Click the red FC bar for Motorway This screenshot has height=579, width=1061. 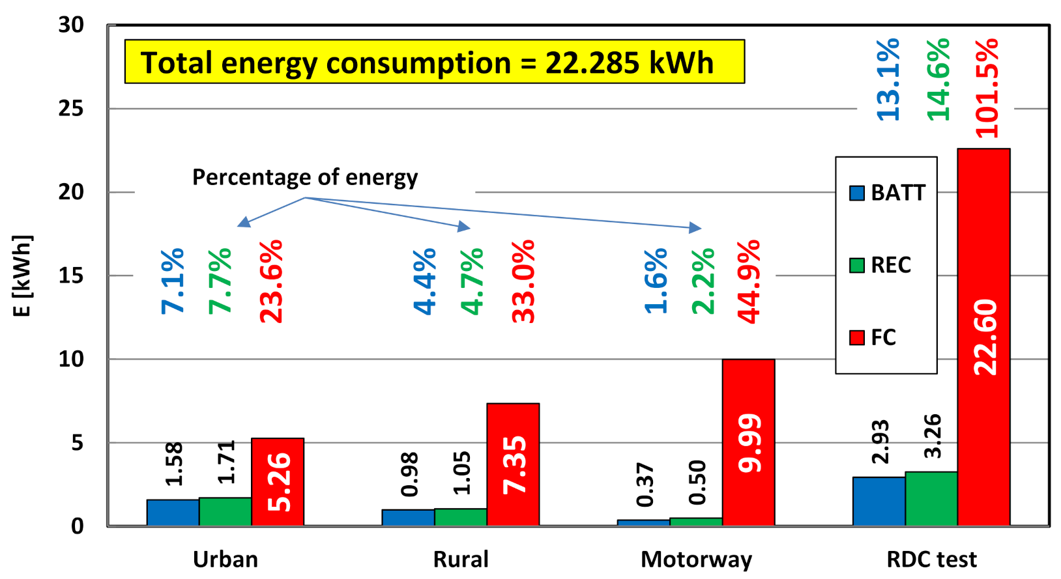748,443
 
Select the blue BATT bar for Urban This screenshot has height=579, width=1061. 173,513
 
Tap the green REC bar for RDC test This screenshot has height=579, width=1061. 931,498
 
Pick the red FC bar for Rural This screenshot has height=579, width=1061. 513,464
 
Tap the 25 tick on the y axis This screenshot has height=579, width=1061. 71,108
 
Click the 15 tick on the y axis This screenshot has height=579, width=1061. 71,275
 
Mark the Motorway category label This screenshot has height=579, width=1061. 696,559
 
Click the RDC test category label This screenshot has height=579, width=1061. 931,559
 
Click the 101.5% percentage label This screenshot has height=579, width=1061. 987,88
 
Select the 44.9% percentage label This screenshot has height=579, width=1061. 748,281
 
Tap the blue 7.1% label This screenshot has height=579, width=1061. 173,281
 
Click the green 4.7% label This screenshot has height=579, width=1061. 472,281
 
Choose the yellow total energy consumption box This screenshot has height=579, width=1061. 434,62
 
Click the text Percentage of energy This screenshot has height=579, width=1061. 305,177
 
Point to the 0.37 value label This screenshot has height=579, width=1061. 645,485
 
